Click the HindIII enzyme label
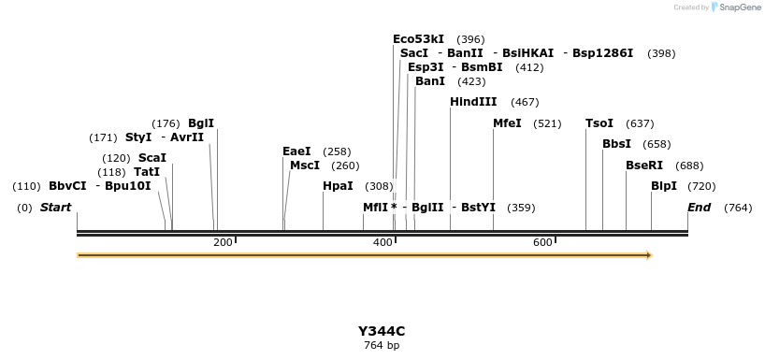[x=473, y=102]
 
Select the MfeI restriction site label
[x=507, y=123]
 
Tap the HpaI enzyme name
[x=338, y=186]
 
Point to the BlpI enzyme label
[x=663, y=186]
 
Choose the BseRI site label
[x=643, y=166]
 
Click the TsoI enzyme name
[x=599, y=123]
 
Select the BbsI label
[x=616, y=144]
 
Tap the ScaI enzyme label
[x=152, y=158]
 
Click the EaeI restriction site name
[x=296, y=151]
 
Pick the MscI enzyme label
[x=305, y=166]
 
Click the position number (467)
[x=525, y=102]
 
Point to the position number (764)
[x=737, y=208]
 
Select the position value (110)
[x=27, y=186]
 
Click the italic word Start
[x=55, y=208]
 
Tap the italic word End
[x=699, y=208]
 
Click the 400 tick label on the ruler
[x=382, y=243]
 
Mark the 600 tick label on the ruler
[x=542, y=243]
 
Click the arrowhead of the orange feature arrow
[x=648, y=254]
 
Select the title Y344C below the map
[x=382, y=331]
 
